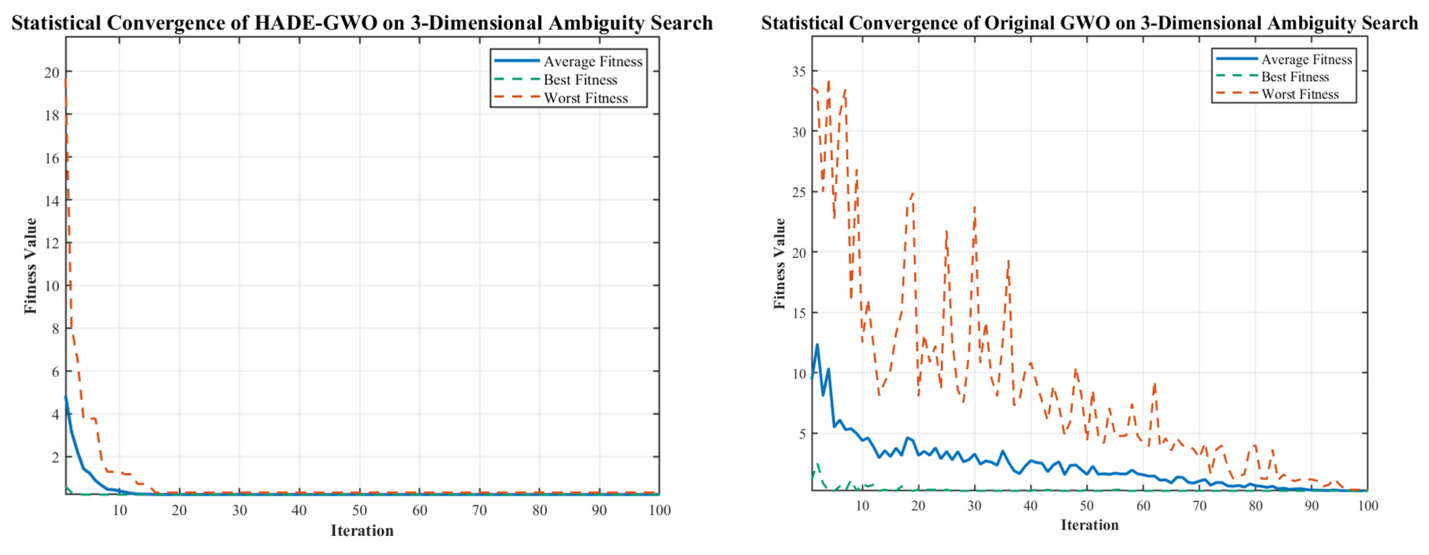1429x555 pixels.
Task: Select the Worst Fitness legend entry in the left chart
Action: click(586, 98)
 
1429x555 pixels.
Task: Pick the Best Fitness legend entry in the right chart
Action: click(1295, 77)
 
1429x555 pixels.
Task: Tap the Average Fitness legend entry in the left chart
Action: click(593, 61)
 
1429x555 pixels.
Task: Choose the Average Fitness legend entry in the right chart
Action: click(1306, 59)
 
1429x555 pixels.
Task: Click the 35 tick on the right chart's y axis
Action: click(799, 71)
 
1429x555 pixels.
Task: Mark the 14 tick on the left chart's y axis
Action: click(52, 200)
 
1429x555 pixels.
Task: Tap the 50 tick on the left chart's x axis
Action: click(359, 510)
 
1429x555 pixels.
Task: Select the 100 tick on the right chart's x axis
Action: click(1367, 506)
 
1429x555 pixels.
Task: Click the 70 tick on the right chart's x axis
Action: click(1199, 506)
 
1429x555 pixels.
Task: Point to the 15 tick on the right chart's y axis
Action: click(799, 313)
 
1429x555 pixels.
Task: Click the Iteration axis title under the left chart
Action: click(362, 530)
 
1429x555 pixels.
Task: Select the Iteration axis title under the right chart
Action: click(1090, 525)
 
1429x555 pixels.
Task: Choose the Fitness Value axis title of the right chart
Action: click(779, 264)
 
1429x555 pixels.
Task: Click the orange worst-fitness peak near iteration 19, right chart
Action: click(913, 194)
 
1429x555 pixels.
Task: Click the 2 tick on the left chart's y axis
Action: click(55, 457)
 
